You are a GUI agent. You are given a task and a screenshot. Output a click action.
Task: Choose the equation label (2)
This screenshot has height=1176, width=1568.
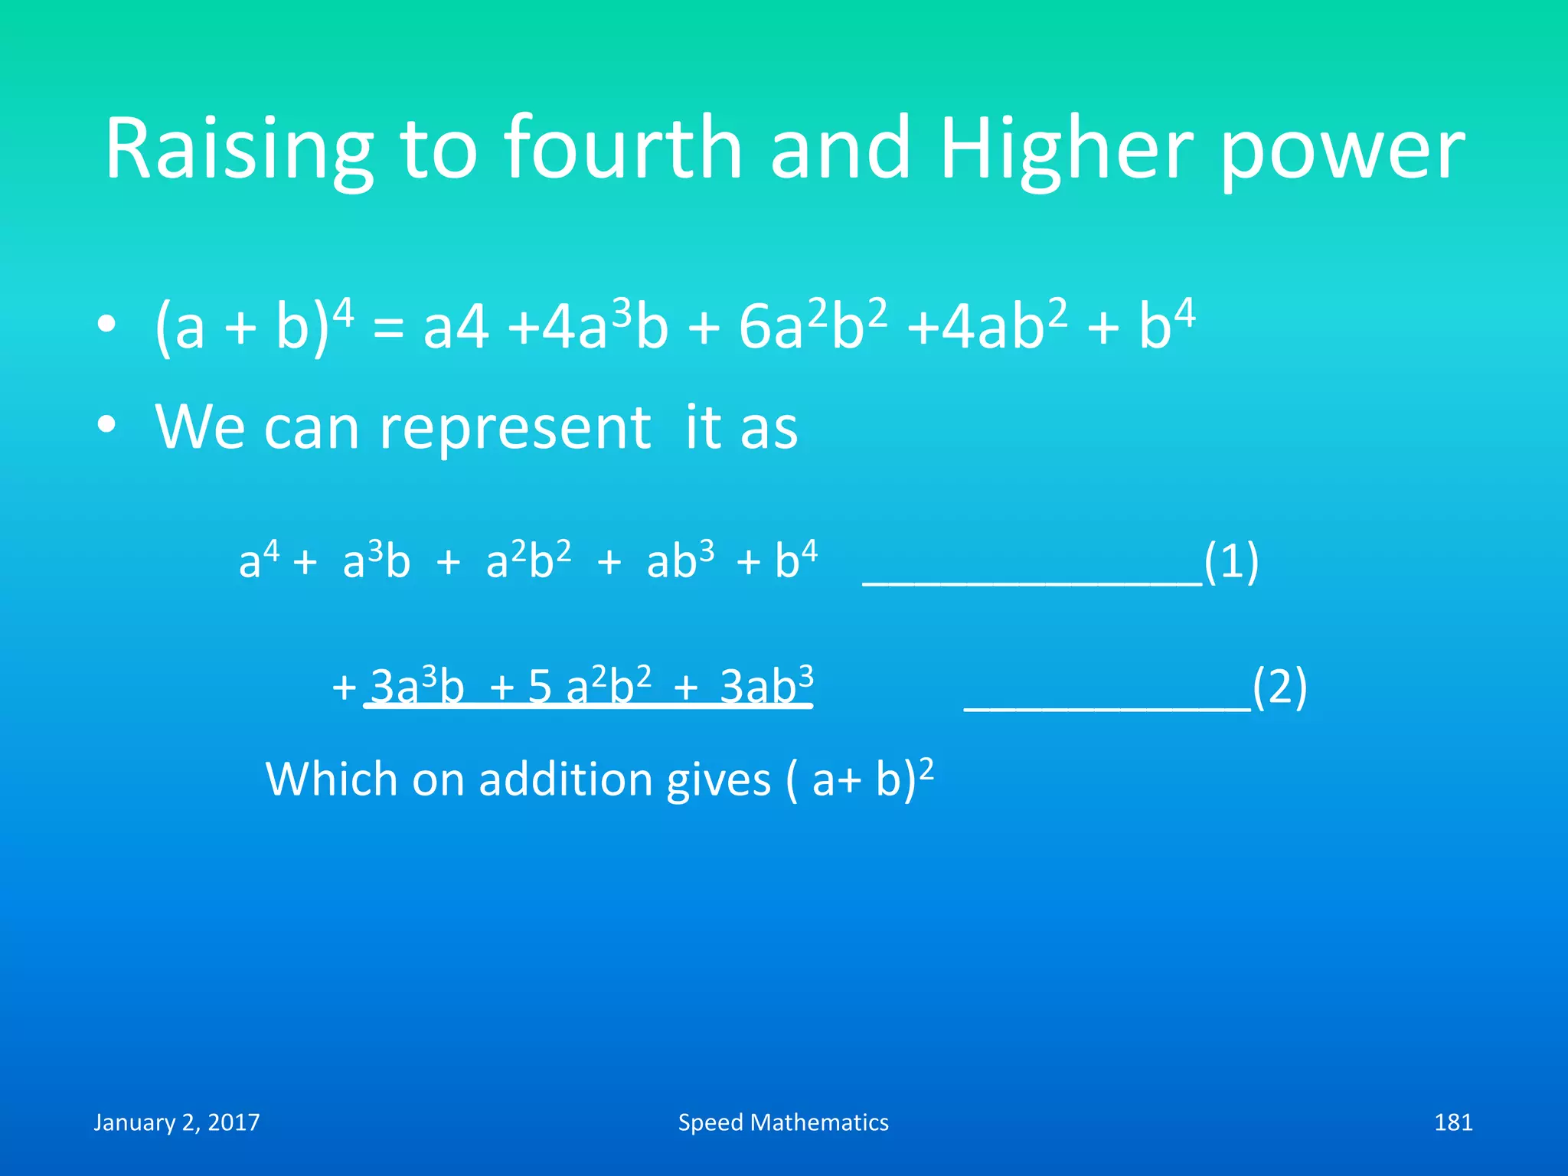coord(1279,687)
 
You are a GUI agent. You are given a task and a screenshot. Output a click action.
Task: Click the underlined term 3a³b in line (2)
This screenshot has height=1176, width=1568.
coord(418,685)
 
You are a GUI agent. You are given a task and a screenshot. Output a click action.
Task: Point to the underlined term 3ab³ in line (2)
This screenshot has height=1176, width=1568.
coord(766,685)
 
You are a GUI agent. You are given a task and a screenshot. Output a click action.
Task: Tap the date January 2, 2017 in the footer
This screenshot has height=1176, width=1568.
coord(177,1122)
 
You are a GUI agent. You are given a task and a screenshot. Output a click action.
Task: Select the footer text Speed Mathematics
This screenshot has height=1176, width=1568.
coord(783,1122)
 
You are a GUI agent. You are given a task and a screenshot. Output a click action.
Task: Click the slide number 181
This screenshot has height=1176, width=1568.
coord(1453,1122)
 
